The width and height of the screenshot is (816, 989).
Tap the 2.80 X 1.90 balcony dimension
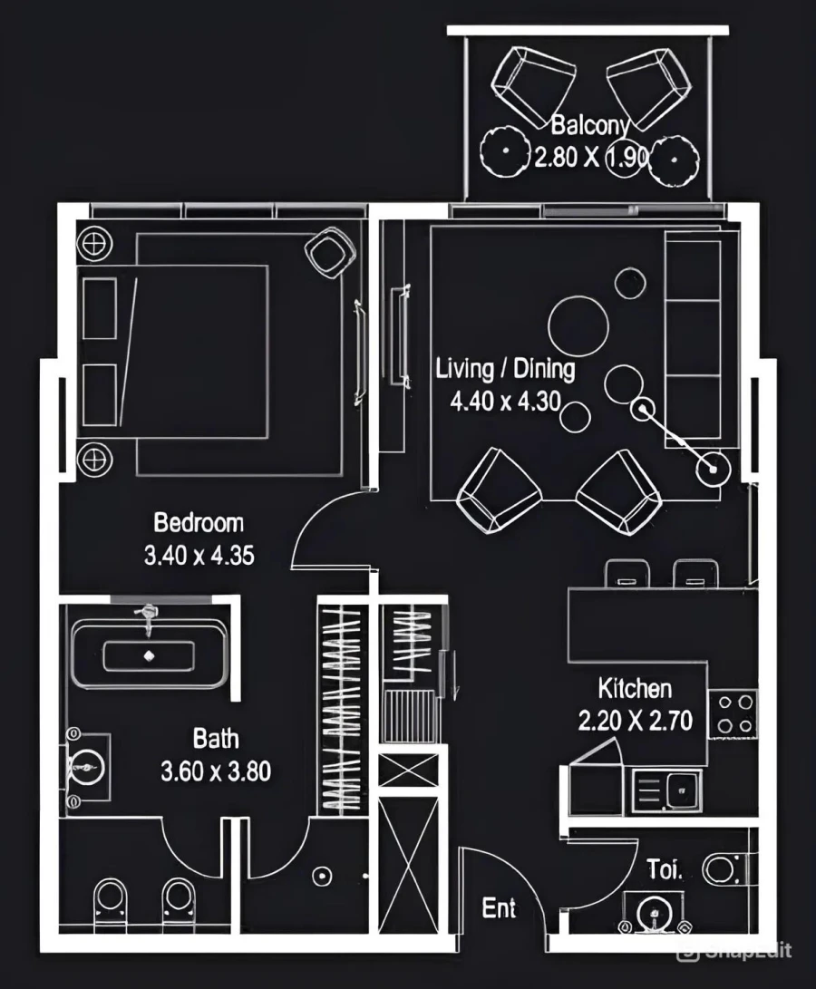[589, 157]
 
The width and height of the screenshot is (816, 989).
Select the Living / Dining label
[505, 369]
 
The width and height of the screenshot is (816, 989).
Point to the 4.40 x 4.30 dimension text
[505, 400]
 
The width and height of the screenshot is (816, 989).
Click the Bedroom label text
[199, 523]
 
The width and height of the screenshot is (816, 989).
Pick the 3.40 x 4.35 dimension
[199, 555]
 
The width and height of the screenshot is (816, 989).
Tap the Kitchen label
[635, 688]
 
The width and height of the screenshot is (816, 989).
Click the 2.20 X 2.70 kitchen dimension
[635, 721]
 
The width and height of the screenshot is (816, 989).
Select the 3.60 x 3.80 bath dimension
[216, 772]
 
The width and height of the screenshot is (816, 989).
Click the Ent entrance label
[499, 907]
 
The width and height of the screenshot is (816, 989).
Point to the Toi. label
[665, 870]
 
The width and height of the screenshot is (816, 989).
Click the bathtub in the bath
[148, 654]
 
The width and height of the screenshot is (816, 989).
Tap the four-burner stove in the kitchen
[733, 713]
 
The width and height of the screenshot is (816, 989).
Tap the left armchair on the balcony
[532, 88]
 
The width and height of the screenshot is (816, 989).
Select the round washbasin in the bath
[88, 767]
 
